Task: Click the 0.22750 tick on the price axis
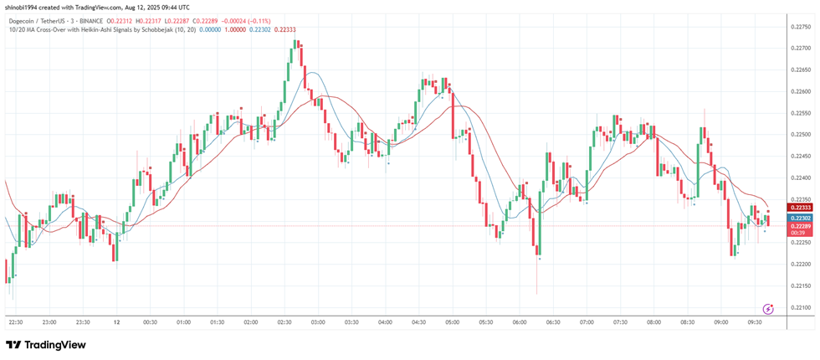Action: (802, 27)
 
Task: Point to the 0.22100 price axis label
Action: (802, 308)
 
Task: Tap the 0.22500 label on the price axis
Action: (802, 135)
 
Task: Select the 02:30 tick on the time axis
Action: (284, 321)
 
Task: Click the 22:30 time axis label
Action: (15, 321)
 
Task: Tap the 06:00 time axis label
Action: (519, 321)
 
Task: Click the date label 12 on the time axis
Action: (118, 321)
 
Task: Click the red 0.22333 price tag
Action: (801, 208)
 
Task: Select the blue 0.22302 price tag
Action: (801, 218)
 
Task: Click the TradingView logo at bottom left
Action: (46, 345)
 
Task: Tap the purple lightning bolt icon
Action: (769, 309)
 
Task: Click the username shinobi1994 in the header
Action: (24, 6)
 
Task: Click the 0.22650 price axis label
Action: (802, 70)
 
